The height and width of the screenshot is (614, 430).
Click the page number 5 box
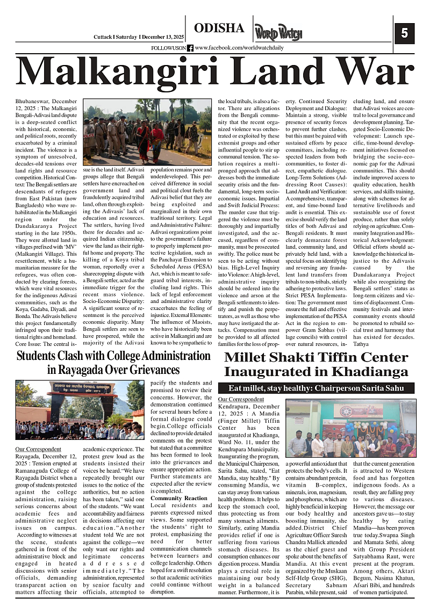click(404, 33)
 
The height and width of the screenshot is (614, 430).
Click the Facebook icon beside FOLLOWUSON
click(190, 48)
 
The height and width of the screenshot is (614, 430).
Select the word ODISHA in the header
click(219, 28)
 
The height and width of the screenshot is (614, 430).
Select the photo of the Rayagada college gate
click(80, 410)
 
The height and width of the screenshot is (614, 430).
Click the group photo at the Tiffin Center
click(351, 428)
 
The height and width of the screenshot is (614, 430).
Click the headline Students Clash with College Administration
click(113, 356)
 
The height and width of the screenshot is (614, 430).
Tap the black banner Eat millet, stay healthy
click(317, 388)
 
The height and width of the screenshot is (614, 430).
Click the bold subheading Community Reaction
click(179, 498)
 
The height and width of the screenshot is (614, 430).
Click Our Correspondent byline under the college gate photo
click(38, 449)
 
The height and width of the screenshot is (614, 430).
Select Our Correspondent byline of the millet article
click(241, 399)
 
